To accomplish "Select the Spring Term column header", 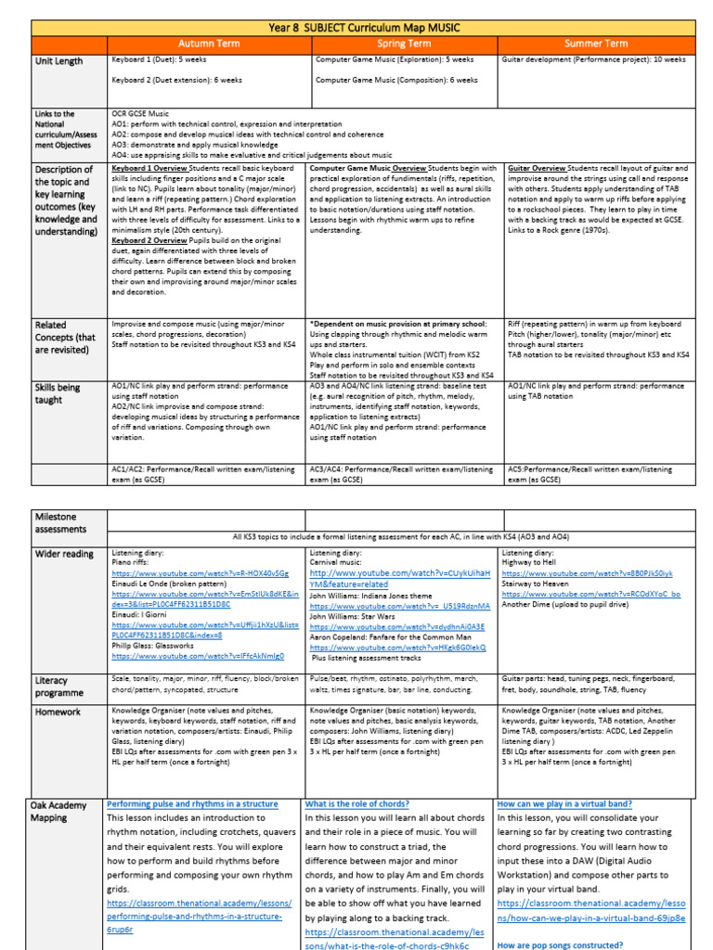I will pyautogui.click(x=403, y=43).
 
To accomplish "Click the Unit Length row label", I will pyautogui.click(x=58, y=61).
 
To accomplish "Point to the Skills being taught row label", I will pyautogui.click(x=58, y=392).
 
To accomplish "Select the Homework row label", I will pyautogui.click(x=58, y=712).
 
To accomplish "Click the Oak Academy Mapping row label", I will pyautogui.click(x=60, y=811).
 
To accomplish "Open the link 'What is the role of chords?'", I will pyautogui.click(x=357, y=803).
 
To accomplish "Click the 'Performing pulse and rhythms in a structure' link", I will pyautogui.click(x=192, y=803).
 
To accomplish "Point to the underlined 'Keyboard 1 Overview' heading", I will pyautogui.click(x=149, y=169).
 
